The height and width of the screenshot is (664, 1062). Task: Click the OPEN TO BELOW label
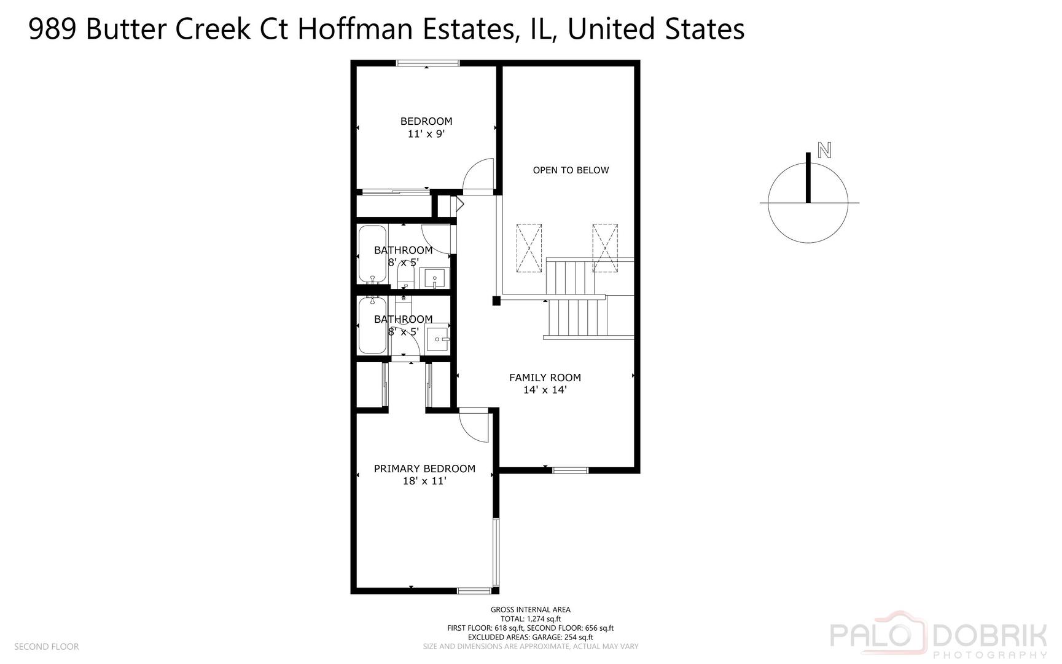[571, 170]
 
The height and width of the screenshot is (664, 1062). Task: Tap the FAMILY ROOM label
[545, 377]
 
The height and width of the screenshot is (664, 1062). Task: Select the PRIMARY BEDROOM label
[424, 468]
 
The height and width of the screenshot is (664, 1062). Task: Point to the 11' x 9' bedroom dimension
[426, 133]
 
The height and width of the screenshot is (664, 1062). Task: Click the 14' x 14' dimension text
[545, 390]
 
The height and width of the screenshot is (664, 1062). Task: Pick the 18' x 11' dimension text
[424, 481]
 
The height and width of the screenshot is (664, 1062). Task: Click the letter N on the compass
[824, 150]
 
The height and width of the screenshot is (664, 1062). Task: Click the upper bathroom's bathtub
[372, 254]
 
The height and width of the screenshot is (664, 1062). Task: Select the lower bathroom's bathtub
[372, 326]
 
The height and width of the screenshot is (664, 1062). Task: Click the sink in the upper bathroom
[435, 278]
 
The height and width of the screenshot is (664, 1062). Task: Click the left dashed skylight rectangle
[529, 248]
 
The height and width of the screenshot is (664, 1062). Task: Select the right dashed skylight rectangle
[605, 248]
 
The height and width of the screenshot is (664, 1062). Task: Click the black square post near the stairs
[496, 301]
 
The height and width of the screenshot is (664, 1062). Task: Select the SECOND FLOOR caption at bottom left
[46, 647]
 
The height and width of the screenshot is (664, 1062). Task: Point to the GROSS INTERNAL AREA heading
[530, 610]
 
